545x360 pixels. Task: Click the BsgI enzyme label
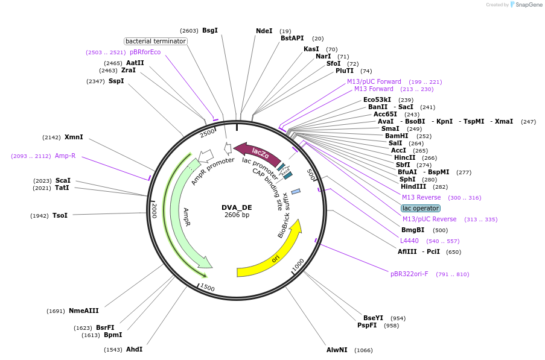pos(210,30)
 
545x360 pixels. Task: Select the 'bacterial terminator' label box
pos(156,41)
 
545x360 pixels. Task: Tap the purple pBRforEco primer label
pos(145,52)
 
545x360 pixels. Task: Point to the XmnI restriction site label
pos(74,137)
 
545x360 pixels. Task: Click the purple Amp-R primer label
pos(65,156)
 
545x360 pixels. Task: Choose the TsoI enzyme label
pos(60,215)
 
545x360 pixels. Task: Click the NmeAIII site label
pos(83,311)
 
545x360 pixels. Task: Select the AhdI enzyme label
pos(134,349)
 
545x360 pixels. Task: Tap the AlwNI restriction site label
pos(337,350)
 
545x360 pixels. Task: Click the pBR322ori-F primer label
pos(409,274)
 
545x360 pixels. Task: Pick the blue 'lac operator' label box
pos(420,208)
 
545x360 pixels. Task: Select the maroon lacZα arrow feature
pos(257,154)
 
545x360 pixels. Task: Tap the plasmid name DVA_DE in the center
pos(237,207)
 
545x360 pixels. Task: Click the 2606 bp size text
pos(237,215)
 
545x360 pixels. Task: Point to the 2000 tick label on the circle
pos(154,210)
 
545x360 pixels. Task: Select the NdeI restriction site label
pos(264,31)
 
